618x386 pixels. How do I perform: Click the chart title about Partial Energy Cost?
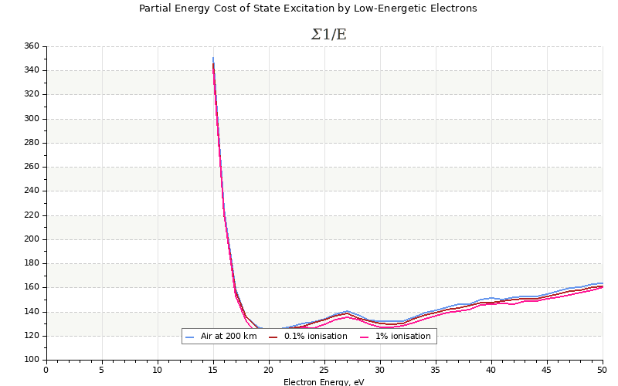(307, 8)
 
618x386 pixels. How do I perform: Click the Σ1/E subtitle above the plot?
(328, 35)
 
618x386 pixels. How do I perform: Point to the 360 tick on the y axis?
(31, 46)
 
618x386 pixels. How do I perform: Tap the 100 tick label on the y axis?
(31, 360)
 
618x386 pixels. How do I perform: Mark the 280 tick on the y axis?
(31, 143)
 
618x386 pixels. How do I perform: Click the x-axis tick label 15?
(212, 369)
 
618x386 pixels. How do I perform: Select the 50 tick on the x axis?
(603, 369)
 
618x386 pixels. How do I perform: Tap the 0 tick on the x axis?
(46, 369)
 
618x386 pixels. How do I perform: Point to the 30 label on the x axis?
(380, 369)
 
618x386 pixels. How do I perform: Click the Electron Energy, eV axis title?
(324, 382)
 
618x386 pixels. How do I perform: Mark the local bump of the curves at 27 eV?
(347, 312)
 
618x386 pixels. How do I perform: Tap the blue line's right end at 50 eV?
(602, 283)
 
